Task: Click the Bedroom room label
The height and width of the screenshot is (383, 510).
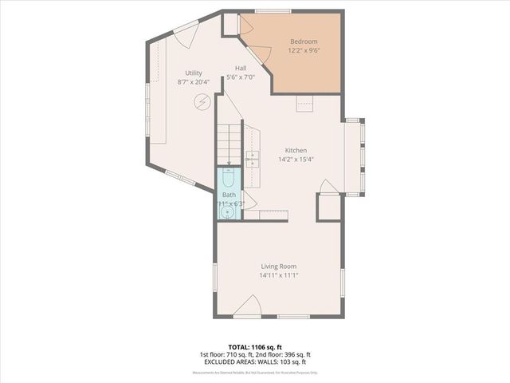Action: tap(304, 41)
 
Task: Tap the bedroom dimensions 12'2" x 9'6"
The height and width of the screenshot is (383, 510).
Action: tap(304, 50)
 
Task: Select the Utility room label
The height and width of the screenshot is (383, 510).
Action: tap(194, 73)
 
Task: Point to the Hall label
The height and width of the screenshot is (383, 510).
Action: tap(240, 69)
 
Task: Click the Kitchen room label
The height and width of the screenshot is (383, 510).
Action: tap(296, 150)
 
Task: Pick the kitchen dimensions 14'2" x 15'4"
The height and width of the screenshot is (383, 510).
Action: tap(296, 159)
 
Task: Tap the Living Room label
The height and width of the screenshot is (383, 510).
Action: tap(278, 267)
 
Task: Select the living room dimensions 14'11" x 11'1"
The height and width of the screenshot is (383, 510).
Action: tap(278, 275)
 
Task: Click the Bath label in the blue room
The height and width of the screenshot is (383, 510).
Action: tap(229, 195)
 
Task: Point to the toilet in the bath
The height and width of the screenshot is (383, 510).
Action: tap(229, 179)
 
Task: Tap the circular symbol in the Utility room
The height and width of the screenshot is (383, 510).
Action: tap(202, 102)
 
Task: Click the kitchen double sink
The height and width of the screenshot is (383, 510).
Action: tap(253, 158)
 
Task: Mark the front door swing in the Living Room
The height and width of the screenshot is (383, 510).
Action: tap(249, 306)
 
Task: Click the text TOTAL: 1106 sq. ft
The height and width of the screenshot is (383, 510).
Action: tap(255, 347)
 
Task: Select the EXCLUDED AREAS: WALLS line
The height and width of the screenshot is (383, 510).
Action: tap(255, 361)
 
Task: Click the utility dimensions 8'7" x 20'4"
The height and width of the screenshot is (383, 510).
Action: tap(194, 81)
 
